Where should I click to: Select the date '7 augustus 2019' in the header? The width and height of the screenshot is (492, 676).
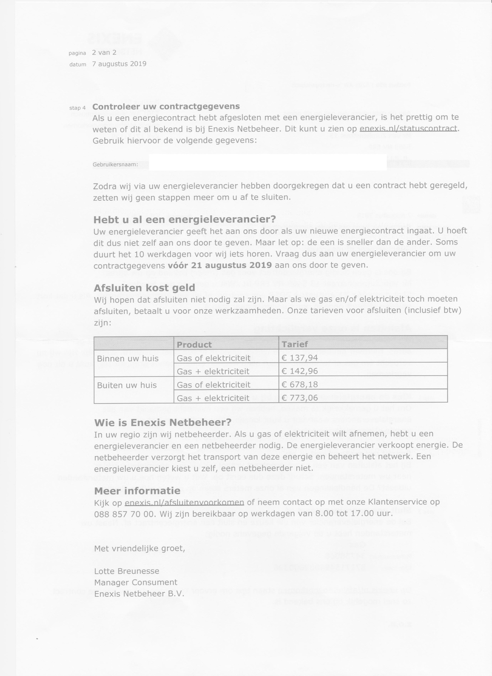coord(119,64)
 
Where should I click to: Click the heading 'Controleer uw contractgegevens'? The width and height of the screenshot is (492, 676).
coord(166,106)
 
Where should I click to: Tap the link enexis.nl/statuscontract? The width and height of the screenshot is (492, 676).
coord(408,129)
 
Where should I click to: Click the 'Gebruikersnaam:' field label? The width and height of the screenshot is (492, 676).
coord(115,165)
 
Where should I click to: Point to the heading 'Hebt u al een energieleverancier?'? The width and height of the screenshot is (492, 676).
coord(185,220)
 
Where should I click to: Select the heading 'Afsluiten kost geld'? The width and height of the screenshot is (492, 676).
coord(144,288)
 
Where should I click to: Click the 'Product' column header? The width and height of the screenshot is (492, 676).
coord(194,345)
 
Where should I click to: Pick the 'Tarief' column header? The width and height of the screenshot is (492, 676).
coord(295,344)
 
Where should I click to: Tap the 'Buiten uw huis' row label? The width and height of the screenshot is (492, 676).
coord(127,385)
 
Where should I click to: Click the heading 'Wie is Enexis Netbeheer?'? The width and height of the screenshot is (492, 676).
coord(163,422)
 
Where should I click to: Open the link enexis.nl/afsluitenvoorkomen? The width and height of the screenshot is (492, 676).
coord(184,502)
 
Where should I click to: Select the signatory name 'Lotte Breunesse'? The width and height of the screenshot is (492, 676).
coord(127,571)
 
